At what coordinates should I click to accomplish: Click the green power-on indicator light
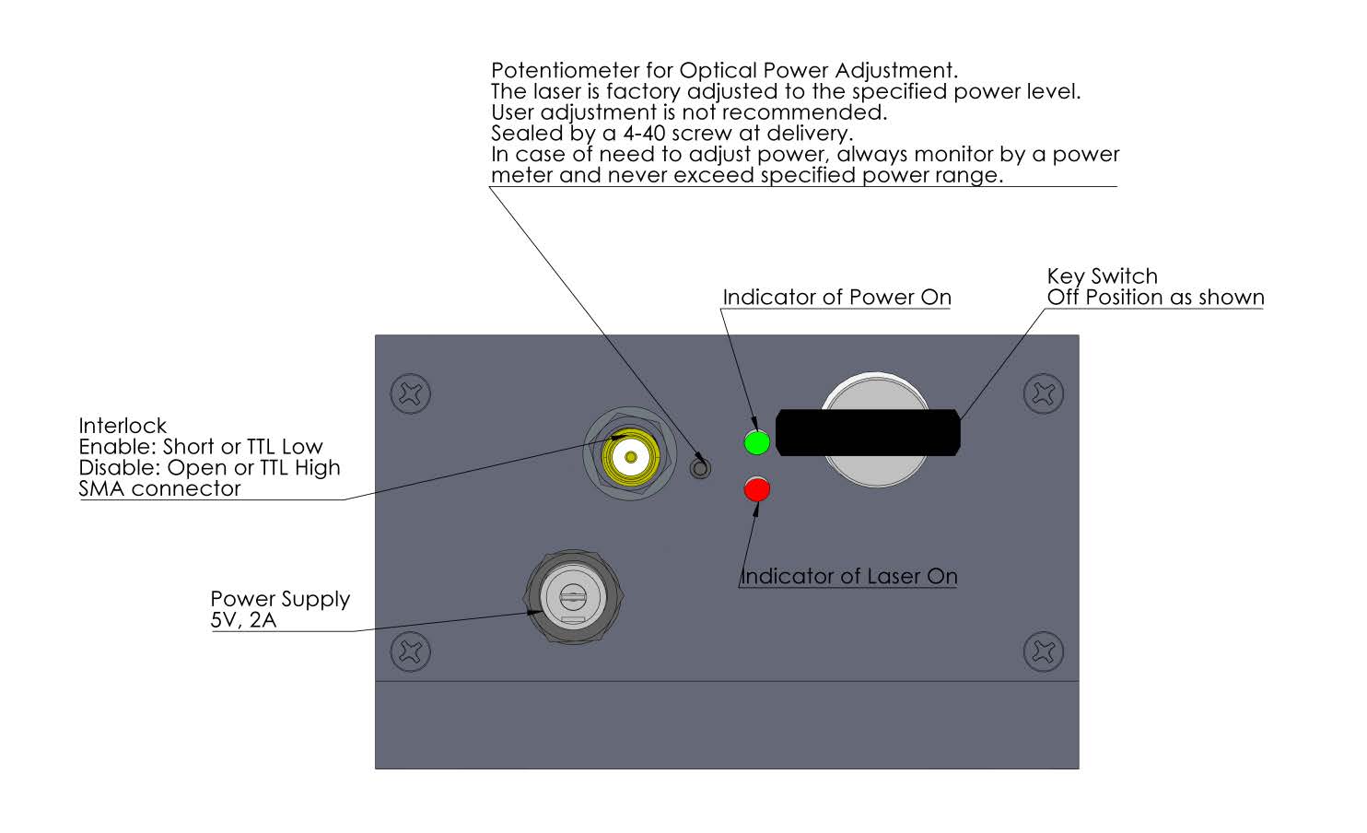tap(757, 441)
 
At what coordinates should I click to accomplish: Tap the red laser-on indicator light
tap(757, 489)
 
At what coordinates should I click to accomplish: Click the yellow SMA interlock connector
tap(630, 456)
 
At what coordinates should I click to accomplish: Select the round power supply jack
tap(574, 597)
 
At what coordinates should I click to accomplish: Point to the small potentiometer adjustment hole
tap(700, 468)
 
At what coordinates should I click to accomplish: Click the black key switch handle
tap(868, 433)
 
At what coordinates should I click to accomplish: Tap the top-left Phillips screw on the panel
tap(410, 393)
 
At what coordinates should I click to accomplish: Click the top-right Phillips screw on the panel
tap(1044, 393)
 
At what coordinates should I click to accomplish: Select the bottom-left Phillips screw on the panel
tap(410, 651)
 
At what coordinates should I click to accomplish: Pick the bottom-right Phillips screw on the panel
tap(1044, 651)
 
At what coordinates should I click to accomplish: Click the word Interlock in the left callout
tap(123, 426)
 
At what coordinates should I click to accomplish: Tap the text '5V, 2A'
tap(243, 620)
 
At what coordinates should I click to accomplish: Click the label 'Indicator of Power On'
tap(836, 298)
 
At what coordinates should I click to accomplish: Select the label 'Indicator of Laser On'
tap(849, 576)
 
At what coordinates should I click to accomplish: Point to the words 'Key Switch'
tap(1102, 276)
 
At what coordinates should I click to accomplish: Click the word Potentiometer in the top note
tap(565, 70)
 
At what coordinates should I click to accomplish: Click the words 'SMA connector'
tap(160, 488)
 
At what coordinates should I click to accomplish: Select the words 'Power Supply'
tap(280, 599)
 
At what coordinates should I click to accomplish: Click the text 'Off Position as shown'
tap(1156, 298)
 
